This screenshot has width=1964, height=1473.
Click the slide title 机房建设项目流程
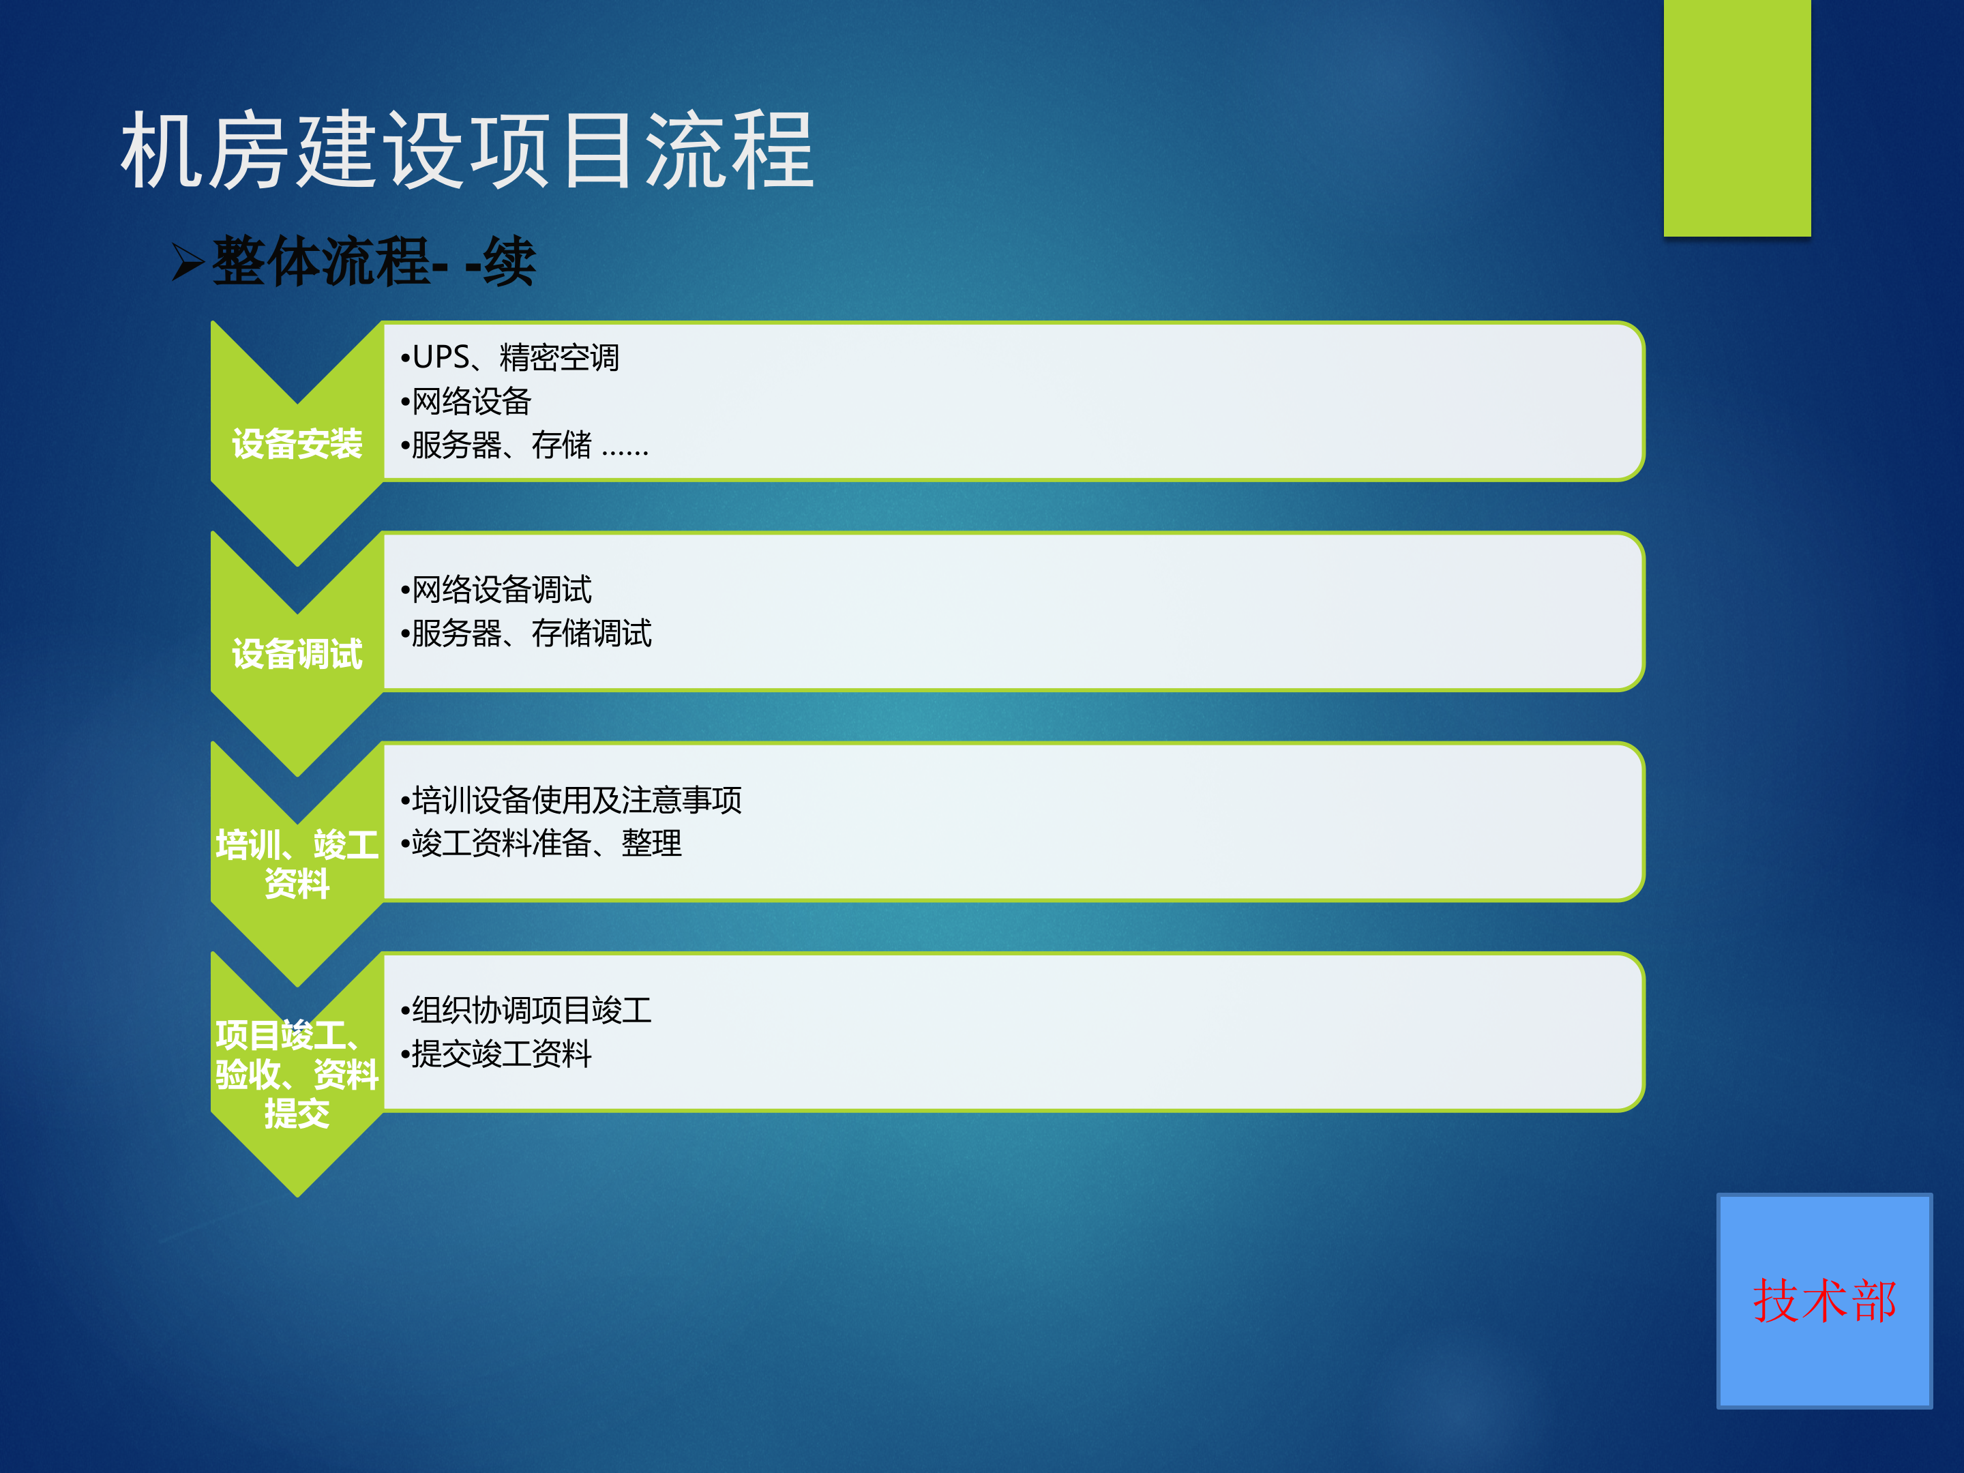coord(467,151)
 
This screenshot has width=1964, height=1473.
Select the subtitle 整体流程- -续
coord(373,262)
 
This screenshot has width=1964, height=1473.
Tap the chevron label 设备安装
coord(297,444)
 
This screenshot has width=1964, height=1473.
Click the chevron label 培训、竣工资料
coord(297,863)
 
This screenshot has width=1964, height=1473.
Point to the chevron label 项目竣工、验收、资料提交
coord(297,1074)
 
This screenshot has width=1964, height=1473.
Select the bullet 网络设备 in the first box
coord(467,401)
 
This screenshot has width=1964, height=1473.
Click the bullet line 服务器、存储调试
coord(527,633)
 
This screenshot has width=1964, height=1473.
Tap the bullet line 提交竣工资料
coord(497,1054)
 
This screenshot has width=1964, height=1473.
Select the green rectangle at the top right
coord(1737,117)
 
